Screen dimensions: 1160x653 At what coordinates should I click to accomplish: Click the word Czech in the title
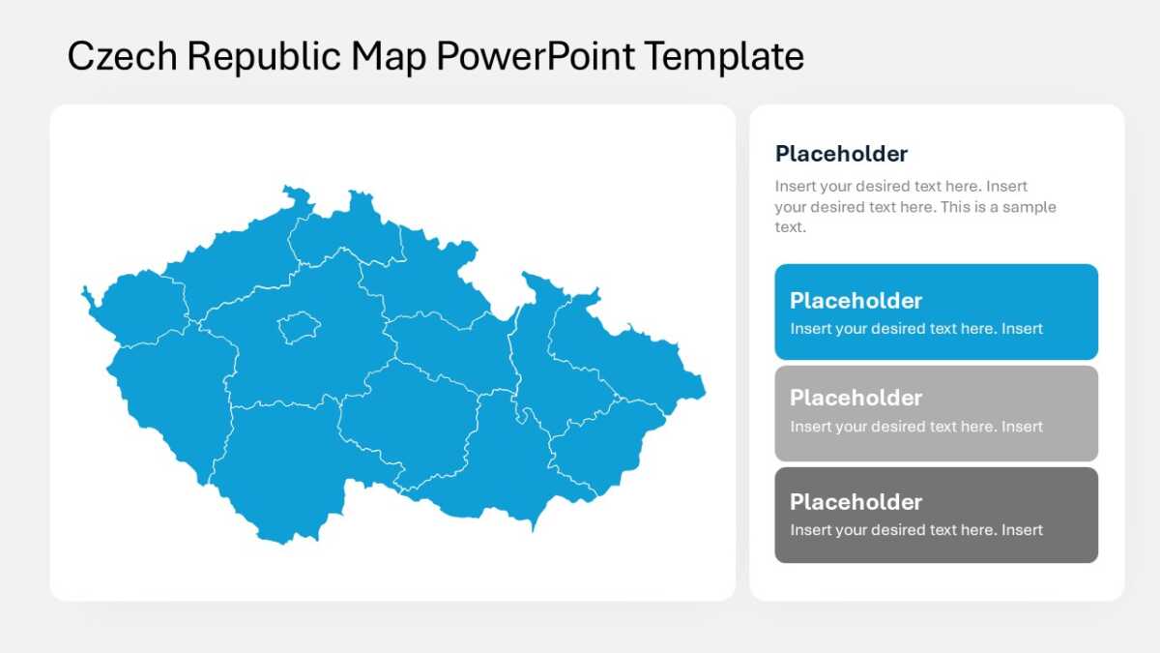(122, 56)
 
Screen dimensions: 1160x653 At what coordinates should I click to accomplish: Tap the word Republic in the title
(264, 57)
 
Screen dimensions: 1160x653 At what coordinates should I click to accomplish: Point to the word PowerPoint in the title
(536, 56)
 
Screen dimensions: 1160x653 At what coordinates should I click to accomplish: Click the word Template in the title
(724, 57)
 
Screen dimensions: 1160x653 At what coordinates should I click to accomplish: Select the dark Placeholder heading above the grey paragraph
(842, 154)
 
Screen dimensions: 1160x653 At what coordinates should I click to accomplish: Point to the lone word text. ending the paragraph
(791, 227)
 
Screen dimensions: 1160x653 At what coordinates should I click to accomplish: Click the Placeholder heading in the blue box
(856, 301)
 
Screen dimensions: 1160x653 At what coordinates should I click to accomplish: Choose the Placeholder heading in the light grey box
(856, 398)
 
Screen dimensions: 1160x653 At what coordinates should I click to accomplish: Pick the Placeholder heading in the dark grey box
(856, 502)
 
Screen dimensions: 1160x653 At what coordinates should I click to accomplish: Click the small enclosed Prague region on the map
(299, 328)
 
